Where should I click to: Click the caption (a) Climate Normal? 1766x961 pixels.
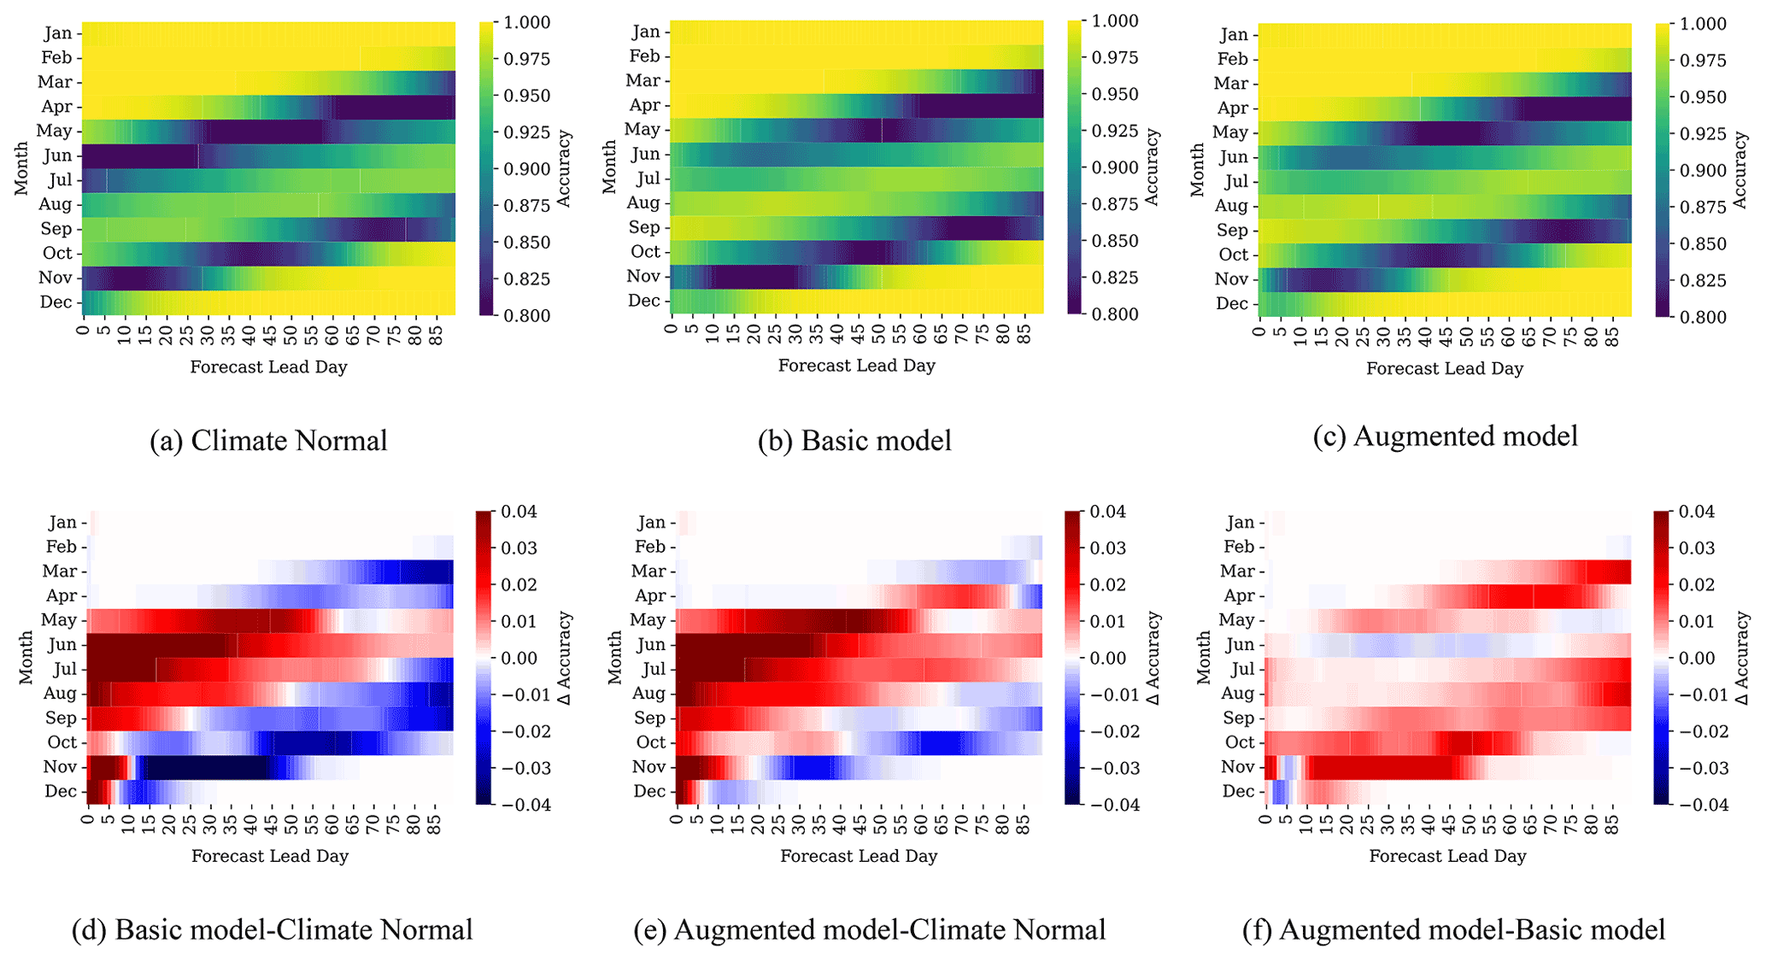coord(268,441)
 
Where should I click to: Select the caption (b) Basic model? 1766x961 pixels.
coord(854,441)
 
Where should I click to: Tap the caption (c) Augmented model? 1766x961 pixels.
coord(1445,437)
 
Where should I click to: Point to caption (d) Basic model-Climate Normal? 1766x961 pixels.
coord(272,929)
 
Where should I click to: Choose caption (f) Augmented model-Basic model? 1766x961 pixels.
coord(1453,929)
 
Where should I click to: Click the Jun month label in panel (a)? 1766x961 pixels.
coord(58,155)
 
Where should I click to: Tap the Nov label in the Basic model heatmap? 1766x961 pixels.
coord(643,276)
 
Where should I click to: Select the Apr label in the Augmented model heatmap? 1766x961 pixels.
coord(1233,108)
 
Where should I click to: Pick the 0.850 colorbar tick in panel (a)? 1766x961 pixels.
coord(526,243)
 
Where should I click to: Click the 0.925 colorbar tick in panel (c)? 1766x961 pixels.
coord(1702,134)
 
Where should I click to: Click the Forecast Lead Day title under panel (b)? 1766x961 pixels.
coord(857,366)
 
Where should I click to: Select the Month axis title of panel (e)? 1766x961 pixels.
coord(614,658)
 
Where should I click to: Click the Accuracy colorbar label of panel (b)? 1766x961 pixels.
coord(1152,167)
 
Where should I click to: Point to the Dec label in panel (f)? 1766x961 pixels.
coord(1238,791)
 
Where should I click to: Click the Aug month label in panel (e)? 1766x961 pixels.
coord(648,694)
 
